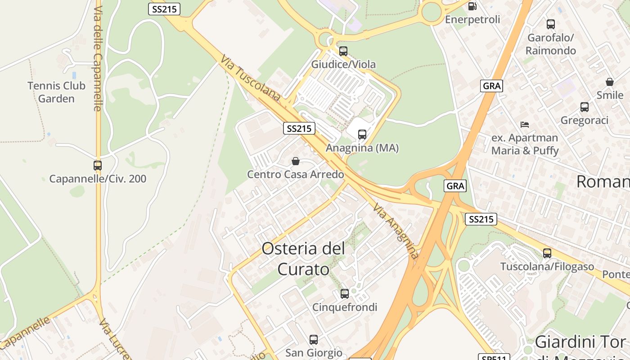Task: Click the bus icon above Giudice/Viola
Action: point(343,51)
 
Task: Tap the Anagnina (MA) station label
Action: point(362,148)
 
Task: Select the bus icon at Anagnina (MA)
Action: point(362,134)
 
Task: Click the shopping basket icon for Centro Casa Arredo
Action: point(296,161)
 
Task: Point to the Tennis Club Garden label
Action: point(56,92)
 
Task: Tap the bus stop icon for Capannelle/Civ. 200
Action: point(98,166)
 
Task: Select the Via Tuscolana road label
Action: point(250,77)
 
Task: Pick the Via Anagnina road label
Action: point(396,231)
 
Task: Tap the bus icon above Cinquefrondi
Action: point(345,294)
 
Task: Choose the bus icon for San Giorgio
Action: point(314,340)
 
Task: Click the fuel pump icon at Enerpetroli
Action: point(472,6)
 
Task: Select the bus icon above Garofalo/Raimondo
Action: point(551,24)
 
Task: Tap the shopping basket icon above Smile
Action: point(610,82)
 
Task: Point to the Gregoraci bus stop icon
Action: point(584,107)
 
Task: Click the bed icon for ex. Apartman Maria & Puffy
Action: point(524,125)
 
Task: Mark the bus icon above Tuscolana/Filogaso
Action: point(547,253)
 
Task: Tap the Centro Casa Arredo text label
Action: point(296,175)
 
